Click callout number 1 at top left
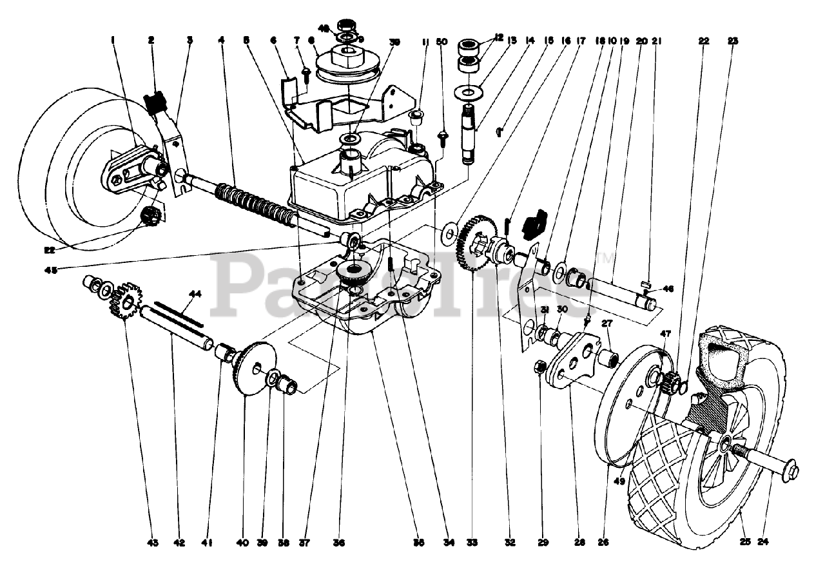pos(113,40)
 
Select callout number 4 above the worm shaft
pos(221,40)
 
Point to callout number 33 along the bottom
pos(472,543)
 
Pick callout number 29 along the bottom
pos(543,543)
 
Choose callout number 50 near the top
pos(442,42)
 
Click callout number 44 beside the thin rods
pos(195,294)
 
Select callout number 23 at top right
pos(733,40)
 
